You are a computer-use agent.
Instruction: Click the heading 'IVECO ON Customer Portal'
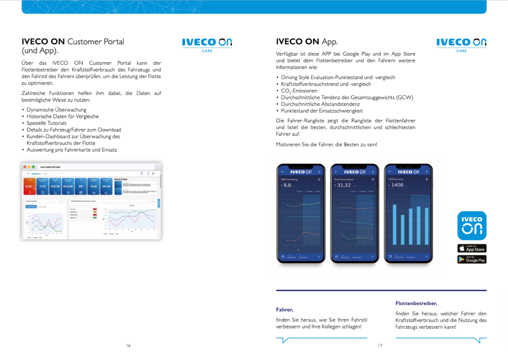[73, 41]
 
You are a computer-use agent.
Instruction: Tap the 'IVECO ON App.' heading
[307, 41]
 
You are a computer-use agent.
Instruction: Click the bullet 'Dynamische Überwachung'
[56, 110]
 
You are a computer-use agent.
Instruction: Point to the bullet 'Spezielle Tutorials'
[47, 123]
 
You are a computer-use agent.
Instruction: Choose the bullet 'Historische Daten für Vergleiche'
[63, 116]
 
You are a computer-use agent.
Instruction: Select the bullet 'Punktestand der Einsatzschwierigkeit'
[322, 111]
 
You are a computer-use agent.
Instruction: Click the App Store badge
[471, 248]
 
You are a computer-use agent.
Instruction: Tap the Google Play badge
[471, 259]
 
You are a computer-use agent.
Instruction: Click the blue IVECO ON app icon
[471, 225]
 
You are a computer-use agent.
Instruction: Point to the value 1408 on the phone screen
[396, 185]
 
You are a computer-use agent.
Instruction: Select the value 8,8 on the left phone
[286, 185]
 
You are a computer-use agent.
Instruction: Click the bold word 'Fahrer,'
[284, 309]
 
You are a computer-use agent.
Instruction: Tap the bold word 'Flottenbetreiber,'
[416, 303]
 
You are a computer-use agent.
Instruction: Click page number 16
[128, 345]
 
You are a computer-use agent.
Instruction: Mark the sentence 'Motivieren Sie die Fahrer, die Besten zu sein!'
[326, 144]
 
